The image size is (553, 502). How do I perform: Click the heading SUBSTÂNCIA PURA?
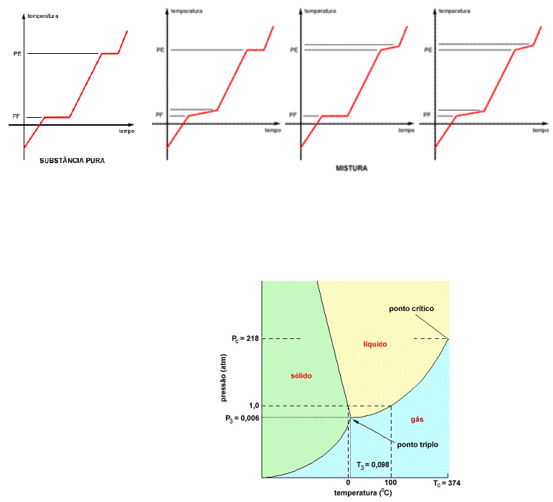pyautogui.click(x=72, y=161)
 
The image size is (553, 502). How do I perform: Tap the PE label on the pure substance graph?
pyautogui.click(x=16, y=53)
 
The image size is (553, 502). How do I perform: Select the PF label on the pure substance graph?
pyautogui.click(x=16, y=116)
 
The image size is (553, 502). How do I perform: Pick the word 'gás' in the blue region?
pyautogui.click(x=417, y=419)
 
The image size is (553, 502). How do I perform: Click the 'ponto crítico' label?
pyautogui.click(x=412, y=309)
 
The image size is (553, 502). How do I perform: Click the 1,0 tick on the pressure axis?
pyautogui.click(x=253, y=406)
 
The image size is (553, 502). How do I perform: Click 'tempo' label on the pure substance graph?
pyautogui.click(x=127, y=132)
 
